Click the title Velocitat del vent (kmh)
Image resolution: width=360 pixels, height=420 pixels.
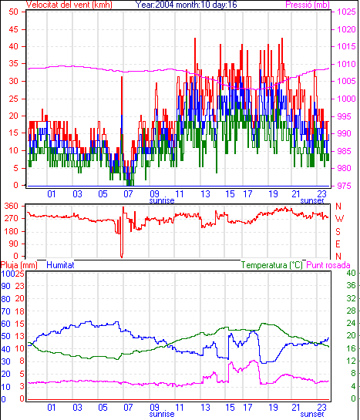(x=69, y=5)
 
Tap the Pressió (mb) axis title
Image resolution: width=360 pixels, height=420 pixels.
(x=308, y=5)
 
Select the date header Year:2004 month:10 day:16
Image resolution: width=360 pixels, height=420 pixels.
(x=186, y=5)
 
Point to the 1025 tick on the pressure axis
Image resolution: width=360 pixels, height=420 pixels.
(x=346, y=12)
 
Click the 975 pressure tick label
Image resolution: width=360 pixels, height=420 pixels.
(x=344, y=186)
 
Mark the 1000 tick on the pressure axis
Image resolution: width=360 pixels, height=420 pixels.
(x=346, y=99)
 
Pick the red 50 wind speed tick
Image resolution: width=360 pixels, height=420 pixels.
(x=13, y=12)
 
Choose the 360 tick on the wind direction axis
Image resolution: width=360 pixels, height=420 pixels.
(x=12, y=207)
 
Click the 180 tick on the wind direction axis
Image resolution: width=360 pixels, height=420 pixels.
(x=12, y=231)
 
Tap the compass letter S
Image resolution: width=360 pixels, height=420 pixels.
(x=338, y=231)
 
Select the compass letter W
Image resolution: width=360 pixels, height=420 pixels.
(x=339, y=219)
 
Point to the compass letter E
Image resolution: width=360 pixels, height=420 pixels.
(x=338, y=244)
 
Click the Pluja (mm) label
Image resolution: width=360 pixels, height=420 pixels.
(x=19, y=265)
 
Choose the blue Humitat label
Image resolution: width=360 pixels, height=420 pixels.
(x=60, y=265)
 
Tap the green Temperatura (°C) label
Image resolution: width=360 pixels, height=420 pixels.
(x=272, y=265)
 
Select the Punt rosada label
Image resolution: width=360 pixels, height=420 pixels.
(x=328, y=265)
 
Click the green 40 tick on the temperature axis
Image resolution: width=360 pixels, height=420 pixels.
(x=351, y=274)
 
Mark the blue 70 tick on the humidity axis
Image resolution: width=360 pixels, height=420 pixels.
(x=6, y=311)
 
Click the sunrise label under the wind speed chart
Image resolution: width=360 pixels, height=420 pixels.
(x=162, y=200)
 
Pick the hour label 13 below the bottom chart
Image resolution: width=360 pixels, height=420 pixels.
(x=205, y=408)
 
